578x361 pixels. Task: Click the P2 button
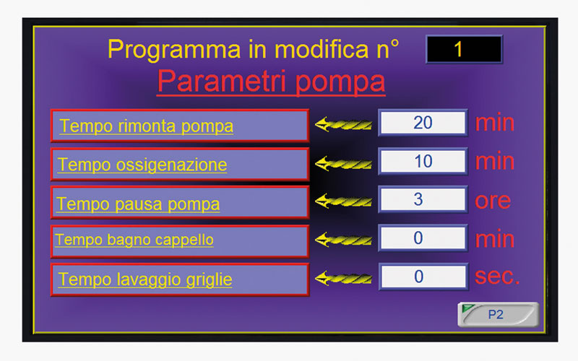[x=498, y=315]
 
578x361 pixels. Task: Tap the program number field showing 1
[x=464, y=49]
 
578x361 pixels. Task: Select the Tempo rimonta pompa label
[x=179, y=126]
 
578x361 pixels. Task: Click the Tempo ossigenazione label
[x=179, y=165]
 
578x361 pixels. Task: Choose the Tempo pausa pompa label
[x=179, y=203]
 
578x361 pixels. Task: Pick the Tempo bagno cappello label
[x=179, y=241]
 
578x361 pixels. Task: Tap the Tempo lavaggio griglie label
[x=179, y=279]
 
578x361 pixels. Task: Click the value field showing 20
[x=423, y=123]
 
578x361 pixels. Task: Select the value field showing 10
[x=423, y=161]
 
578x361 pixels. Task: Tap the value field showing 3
[x=423, y=200]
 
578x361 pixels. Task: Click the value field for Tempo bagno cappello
[x=423, y=238]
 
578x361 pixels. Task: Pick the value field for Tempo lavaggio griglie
[x=423, y=277]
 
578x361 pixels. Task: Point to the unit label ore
[x=493, y=201]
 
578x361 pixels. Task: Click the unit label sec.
[x=497, y=277]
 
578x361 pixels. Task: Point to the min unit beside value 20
[x=495, y=123]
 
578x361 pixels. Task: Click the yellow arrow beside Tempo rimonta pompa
[x=343, y=124]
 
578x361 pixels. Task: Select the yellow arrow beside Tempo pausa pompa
[x=343, y=201]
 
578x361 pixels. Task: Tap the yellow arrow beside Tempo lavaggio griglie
[x=343, y=278]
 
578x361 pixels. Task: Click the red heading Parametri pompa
[x=272, y=82]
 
